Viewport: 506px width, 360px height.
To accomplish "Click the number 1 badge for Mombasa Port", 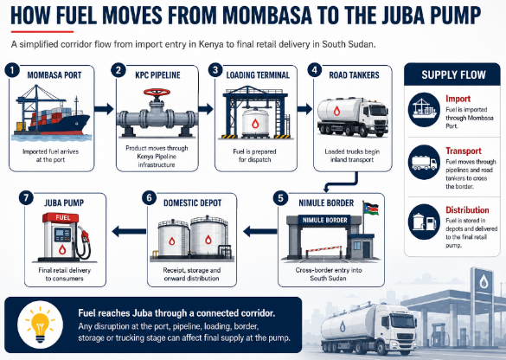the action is [x=12, y=70].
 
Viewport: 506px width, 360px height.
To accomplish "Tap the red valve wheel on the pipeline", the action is [x=157, y=93].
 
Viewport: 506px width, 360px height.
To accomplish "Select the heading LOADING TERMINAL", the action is [x=258, y=75].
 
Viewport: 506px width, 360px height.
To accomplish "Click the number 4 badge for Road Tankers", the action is [x=314, y=70].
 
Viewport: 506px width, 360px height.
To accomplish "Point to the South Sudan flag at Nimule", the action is [x=371, y=208].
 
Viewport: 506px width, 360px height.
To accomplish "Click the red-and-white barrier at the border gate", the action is [x=323, y=249].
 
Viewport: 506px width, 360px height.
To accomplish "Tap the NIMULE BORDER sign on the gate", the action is [x=324, y=220].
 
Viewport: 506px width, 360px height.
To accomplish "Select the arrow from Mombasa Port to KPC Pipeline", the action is [x=104, y=109].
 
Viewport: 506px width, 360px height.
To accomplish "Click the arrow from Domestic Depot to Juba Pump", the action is [x=129, y=231].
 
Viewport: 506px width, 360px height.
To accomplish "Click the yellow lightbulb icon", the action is [x=41, y=325].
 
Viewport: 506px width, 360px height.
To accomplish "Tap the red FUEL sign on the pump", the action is [x=62, y=217].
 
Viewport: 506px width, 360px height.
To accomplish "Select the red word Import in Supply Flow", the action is [x=458, y=99].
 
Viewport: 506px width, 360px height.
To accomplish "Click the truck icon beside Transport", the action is [x=424, y=162].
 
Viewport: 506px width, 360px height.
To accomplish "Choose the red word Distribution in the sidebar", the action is [x=467, y=210].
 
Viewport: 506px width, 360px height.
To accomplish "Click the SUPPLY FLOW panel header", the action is [x=452, y=74].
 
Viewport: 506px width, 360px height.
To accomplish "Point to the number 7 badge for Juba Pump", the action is [x=27, y=197].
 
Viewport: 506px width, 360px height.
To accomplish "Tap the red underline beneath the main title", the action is [x=42, y=32].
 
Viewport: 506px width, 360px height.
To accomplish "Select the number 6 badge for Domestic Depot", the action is [x=150, y=197].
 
